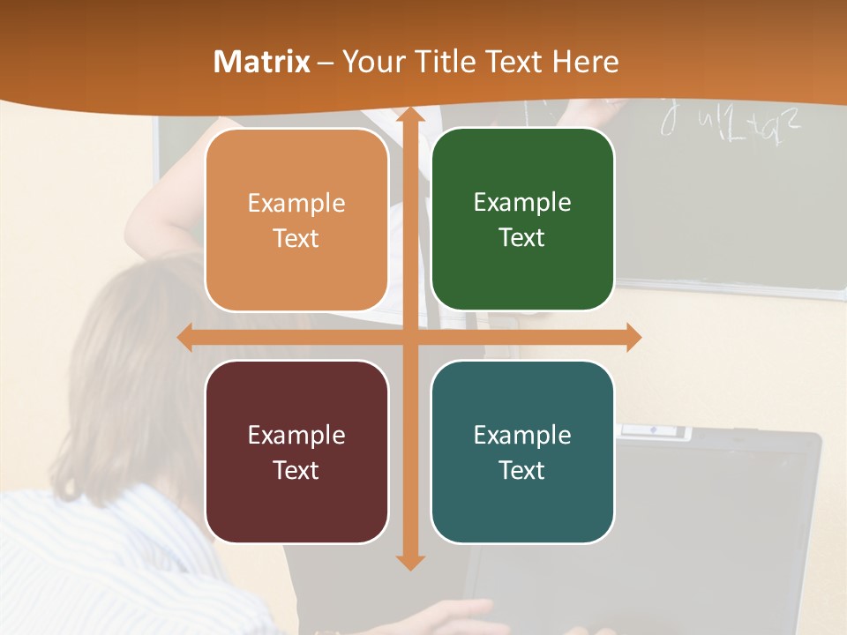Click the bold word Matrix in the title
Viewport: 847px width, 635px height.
pos(261,62)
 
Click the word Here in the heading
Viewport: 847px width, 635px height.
pos(586,62)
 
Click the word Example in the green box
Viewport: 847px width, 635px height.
pos(522,203)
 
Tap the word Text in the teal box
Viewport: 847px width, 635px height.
pos(522,470)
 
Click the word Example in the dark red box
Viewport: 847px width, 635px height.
pos(296,435)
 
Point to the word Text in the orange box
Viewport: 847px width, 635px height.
pos(296,238)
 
